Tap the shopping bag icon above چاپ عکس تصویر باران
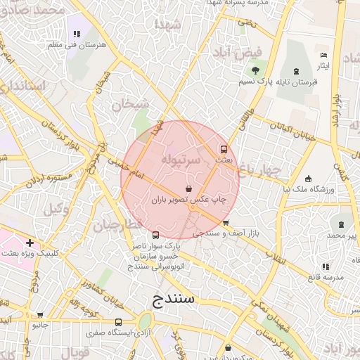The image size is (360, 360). [x=188, y=189]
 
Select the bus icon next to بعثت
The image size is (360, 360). [x=224, y=149]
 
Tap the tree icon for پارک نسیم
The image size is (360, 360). [x=255, y=70]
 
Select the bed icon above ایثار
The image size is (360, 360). [x=323, y=55]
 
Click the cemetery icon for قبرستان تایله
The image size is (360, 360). [x=295, y=70]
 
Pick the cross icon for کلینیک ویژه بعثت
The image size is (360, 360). [x=29, y=243]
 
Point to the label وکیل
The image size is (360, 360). [x=56, y=209]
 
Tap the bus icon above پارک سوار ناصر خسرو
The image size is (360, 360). [x=155, y=236]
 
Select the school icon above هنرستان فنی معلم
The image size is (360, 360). [x=77, y=33]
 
